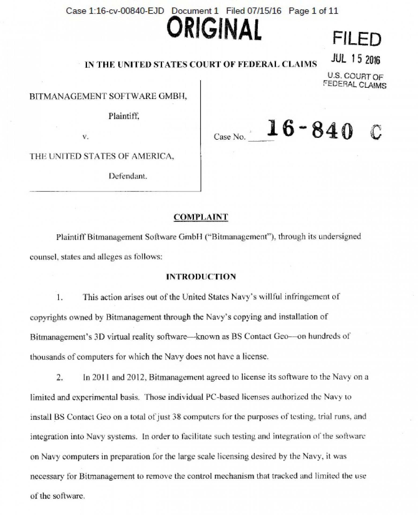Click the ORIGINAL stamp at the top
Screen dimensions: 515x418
214,29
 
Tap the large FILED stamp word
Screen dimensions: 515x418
357,39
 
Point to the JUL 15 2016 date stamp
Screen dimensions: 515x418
355,59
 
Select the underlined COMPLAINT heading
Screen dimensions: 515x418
201,217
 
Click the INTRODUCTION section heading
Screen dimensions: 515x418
201,277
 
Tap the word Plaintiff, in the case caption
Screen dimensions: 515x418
124,116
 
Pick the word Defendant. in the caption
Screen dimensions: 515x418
128,176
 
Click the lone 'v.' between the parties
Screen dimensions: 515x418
85,137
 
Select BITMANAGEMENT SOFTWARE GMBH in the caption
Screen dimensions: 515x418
108,96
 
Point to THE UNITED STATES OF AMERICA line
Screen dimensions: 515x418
102,156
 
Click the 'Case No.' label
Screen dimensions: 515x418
230,137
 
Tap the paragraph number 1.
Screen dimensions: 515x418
59,297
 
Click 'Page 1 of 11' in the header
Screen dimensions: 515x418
313,11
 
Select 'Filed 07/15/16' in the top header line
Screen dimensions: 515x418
253,11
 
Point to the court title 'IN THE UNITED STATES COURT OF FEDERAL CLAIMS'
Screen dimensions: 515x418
201,64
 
